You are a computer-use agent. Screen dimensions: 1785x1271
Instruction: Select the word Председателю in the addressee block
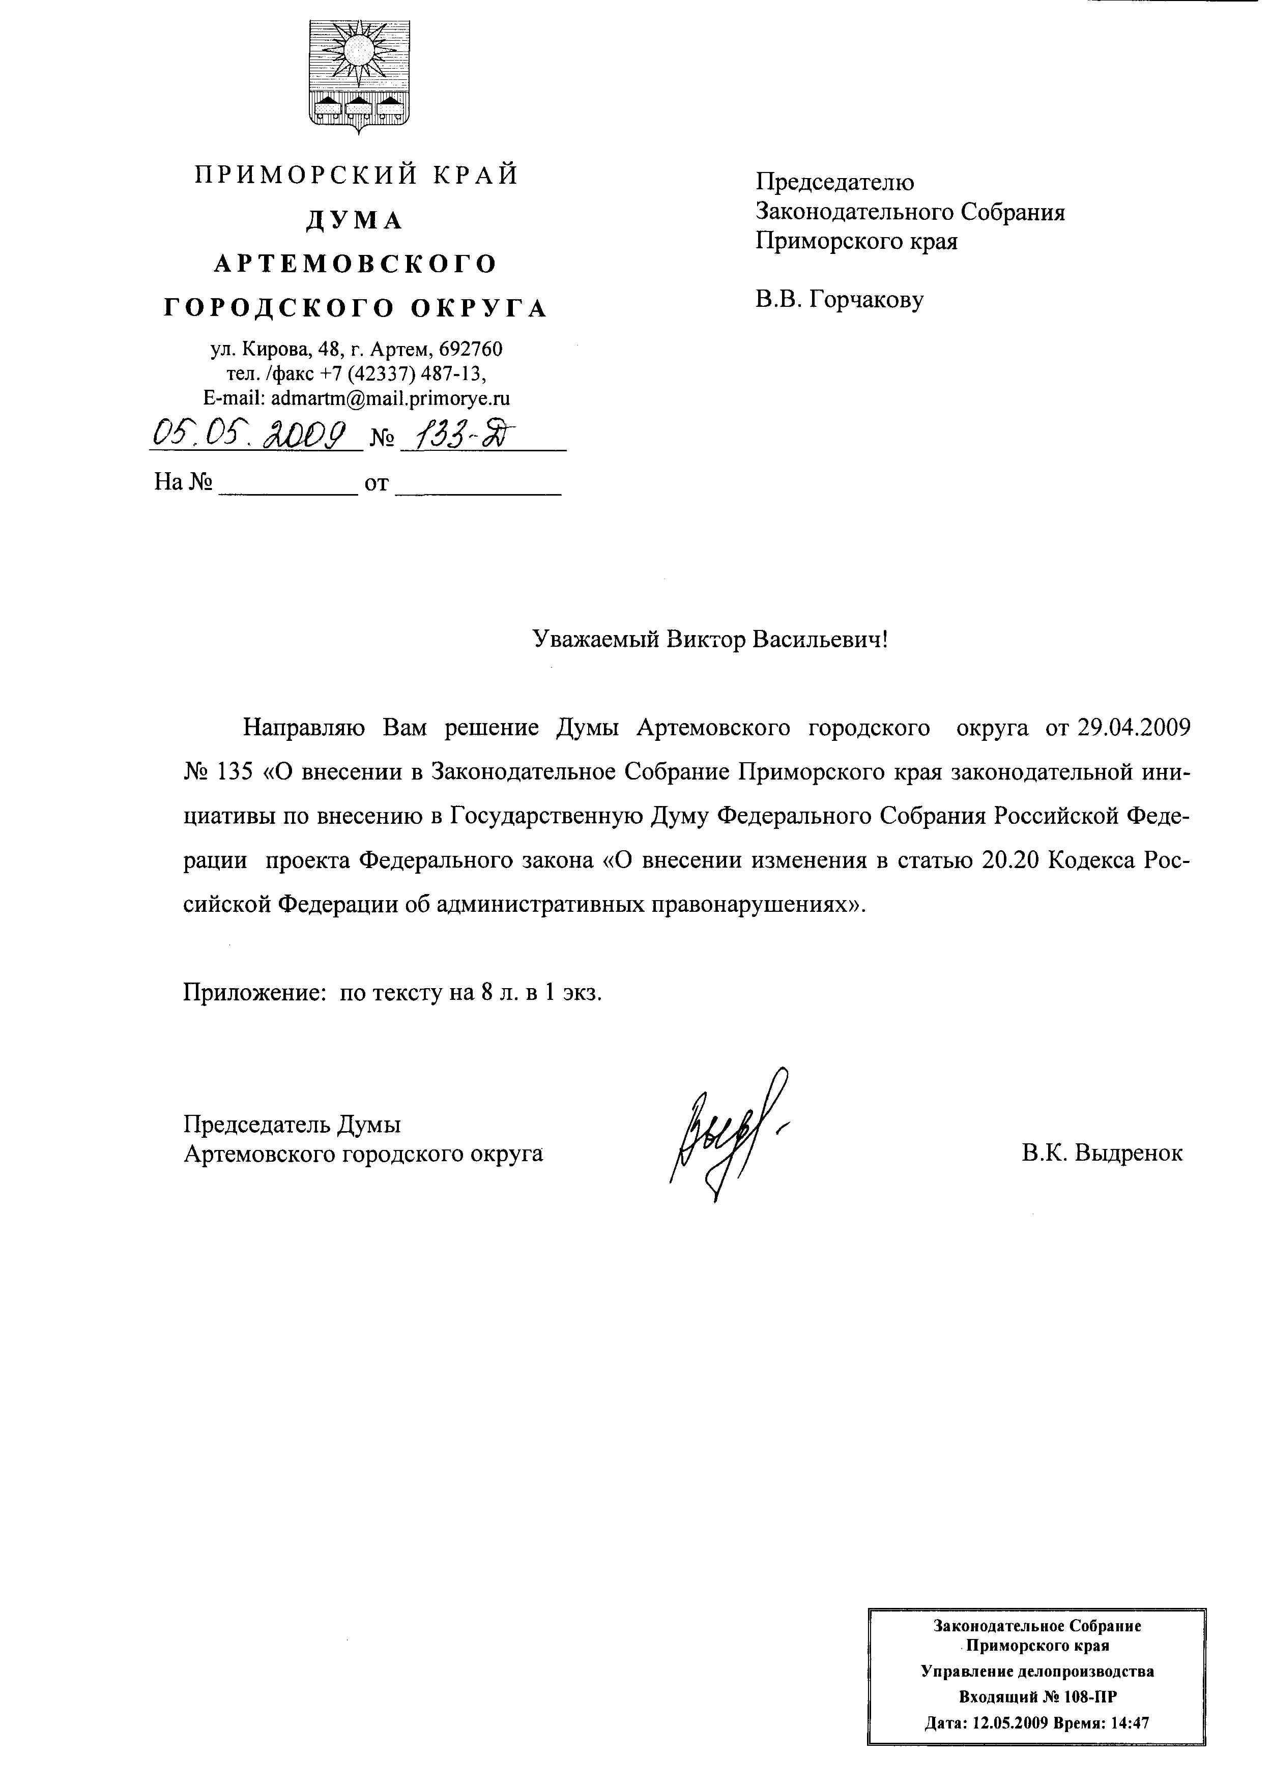coord(834,182)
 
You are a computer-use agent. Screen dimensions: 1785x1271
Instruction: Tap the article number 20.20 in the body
coord(1008,860)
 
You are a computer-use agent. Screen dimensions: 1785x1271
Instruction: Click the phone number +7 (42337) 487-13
coord(403,373)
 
